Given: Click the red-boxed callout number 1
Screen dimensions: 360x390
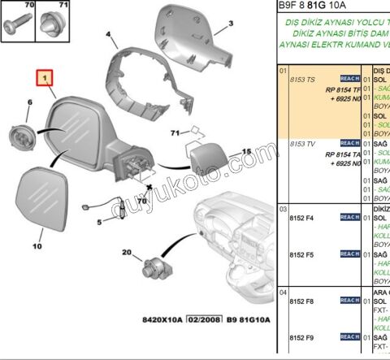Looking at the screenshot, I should [x=45, y=79].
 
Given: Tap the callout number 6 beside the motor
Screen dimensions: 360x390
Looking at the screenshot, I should [x=30, y=102].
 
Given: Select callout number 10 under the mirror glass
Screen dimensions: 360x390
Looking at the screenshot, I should [x=37, y=244].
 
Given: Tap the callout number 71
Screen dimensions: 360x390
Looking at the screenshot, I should [x=174, y=132].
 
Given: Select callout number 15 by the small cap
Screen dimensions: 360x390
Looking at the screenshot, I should [x=248, y=151].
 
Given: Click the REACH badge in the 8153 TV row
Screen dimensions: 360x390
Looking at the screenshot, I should [x=349, y=144].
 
